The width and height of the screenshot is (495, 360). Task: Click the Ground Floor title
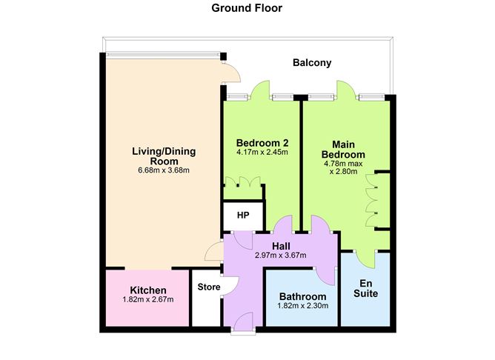point(247,8)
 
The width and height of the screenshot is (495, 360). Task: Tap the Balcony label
point(312,63)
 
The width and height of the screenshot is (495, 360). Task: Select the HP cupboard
point(243,215)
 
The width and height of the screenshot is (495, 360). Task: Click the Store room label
point(209,287)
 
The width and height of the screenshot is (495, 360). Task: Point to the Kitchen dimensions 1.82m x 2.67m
point(148,299)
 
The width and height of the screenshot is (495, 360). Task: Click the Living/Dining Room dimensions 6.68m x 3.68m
point(164,170)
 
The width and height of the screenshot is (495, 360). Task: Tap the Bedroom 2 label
point(262,143)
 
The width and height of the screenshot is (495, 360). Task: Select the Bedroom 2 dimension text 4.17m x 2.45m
point(262,152)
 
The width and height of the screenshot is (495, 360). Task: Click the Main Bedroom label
point(343,150)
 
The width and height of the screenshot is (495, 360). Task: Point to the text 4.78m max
point(343,164)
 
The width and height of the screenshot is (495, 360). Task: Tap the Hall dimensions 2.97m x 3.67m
point(281,256)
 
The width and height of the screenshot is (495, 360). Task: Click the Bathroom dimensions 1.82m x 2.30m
point(303,306)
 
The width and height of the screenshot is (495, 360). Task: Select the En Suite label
point(365,288)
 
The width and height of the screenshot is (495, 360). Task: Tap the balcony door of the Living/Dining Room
point(231,73)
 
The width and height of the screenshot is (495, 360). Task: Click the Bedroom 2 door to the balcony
point(260,90)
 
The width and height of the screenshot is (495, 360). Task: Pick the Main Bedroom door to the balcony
point(347,90)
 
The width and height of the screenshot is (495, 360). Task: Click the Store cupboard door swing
point(231,285)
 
